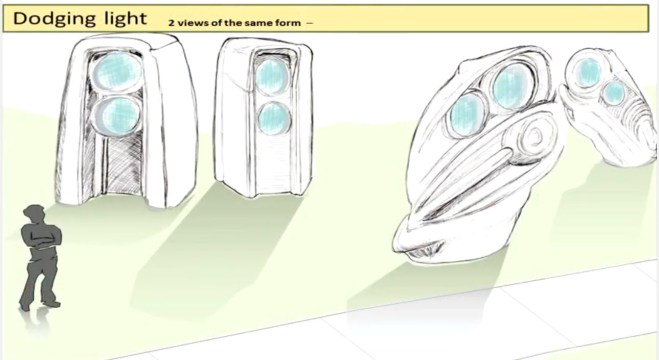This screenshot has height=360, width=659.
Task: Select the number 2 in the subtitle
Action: [170, 20]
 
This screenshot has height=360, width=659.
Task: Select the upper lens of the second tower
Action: [270, 74]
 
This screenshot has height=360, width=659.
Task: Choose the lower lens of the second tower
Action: [270, 118]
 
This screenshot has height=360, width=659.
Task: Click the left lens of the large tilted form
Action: [465, 115]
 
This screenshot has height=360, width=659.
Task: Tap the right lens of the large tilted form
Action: [510, 87]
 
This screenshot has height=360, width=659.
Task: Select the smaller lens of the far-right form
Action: [614, 93]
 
